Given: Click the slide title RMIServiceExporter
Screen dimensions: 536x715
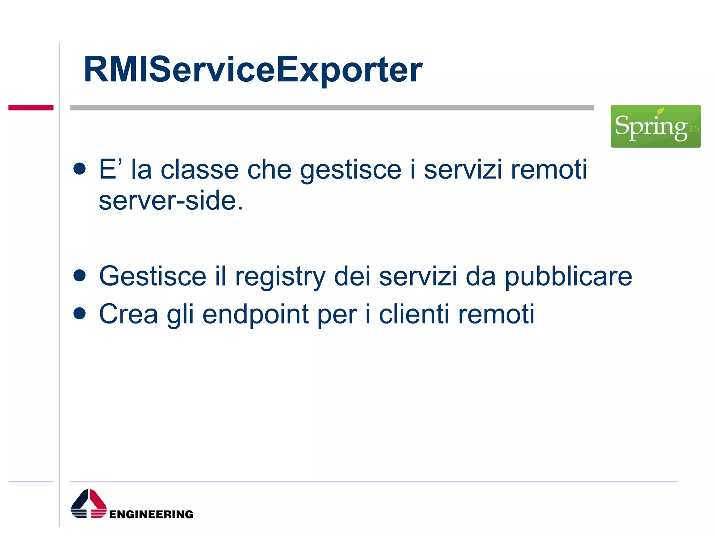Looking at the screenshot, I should click(x=253, y=70).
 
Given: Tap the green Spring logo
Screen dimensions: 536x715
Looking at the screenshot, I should click(x=655, y=126).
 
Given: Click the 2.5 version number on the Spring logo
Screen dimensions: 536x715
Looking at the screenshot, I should click(x=694, y=129).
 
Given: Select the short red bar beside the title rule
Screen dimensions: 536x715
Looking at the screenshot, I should click(x=31, y=107).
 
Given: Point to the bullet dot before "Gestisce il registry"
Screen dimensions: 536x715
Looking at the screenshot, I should click(x=80, y=275).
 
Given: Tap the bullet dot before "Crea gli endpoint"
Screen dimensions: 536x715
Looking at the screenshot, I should click(x=80, y=313).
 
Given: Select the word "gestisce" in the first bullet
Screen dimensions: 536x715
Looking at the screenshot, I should click(x=351, y=171).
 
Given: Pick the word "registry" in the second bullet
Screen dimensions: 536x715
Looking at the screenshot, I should click(x=280, y=277).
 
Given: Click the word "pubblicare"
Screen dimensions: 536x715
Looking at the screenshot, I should click(x=568, y=277).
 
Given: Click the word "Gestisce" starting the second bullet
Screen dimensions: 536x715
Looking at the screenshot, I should click(x=153, y=276).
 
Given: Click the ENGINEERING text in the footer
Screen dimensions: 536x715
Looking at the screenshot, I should click(x=151, y=514).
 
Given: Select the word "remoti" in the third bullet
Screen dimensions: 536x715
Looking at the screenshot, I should click(x=496, y=314).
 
